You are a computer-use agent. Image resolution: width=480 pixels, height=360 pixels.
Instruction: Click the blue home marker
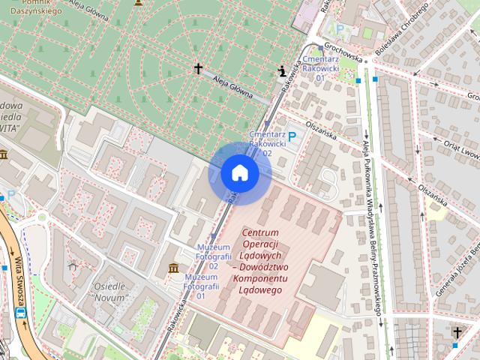tap(239, 173)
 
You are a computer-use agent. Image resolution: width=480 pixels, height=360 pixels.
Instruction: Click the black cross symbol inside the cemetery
tap(199, 69)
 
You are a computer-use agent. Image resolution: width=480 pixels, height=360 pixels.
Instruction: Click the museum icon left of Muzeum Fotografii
tap(174, 268)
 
